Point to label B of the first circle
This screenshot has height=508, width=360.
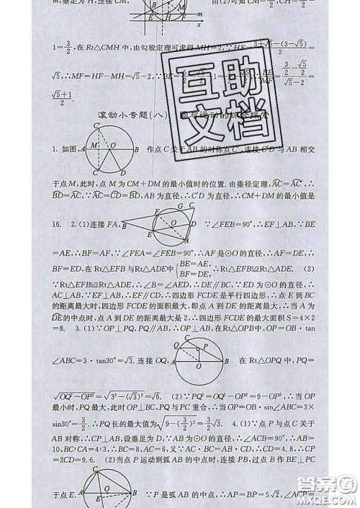pos(137,149)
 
